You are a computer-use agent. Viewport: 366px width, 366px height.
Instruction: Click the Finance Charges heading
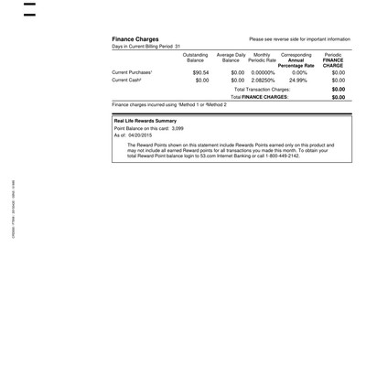point(135,39)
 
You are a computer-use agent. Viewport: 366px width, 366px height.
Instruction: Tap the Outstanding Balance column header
point(195,58)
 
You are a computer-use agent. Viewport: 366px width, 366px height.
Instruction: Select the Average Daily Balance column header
point(231,58)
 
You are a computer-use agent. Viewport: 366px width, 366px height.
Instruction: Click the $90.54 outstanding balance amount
point(200,71)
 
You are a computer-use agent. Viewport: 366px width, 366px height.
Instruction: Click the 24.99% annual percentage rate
point(298,80)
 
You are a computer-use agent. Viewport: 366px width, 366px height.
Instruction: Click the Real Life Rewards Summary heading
point(145,121)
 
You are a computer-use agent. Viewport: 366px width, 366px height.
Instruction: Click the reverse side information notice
point(299,40)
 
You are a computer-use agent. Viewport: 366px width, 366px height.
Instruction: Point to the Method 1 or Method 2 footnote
point(168,105)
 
